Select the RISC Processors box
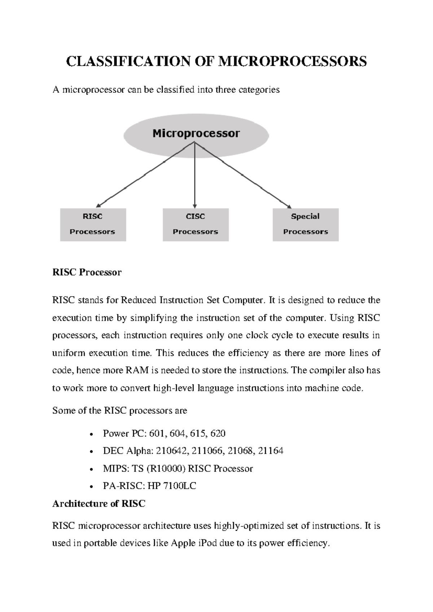pyautogui.click(x=93, y=224)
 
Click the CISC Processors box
pyautogui.click(x=196, y=224)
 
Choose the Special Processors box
pyautogui.click(x=305, y=224)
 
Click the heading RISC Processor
pyautogui.click(x=87, y=272)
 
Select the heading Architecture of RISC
pyautogui.click(x=99, y=503)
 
